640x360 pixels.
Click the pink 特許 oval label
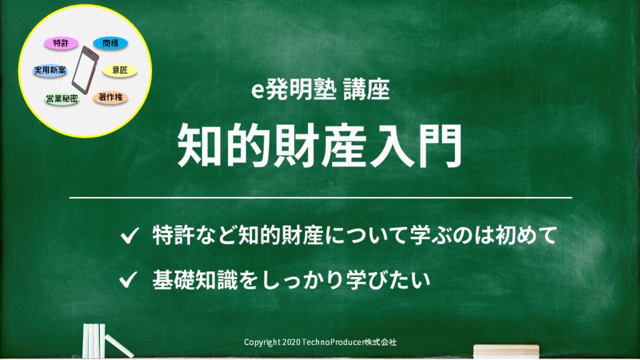(61, 43)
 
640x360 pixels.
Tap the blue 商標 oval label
(110, 43)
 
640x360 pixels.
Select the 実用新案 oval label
(50, 70)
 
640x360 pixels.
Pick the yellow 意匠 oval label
(119, 70)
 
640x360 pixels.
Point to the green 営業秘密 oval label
(62, 98)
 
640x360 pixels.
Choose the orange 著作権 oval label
(110, 97)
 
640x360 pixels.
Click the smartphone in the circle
(85, 70)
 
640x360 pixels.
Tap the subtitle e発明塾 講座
(321, 89)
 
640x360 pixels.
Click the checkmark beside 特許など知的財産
(130, 236)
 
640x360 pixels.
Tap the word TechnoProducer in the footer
(332, 342)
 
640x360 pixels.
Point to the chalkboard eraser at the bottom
(506, 351)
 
